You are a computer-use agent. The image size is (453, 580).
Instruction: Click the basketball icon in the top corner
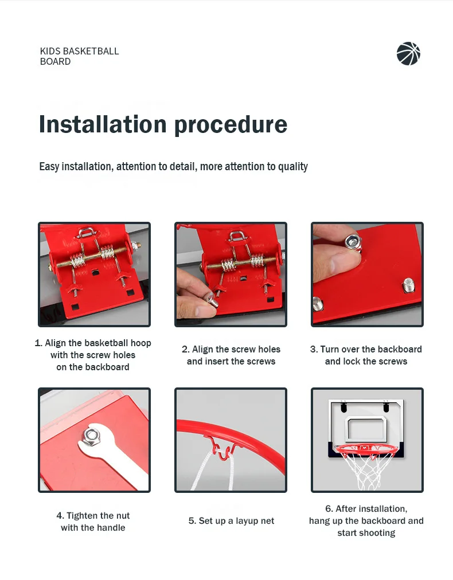click(x=408, y=54)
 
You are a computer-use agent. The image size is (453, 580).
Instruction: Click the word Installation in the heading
click(x=103, y=124)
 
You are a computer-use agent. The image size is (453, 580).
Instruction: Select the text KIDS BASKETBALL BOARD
click(x=79, y=56)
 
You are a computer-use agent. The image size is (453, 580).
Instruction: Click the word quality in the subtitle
click(x=293, y=167)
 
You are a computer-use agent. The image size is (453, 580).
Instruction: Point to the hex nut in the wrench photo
click(x=91, y=436)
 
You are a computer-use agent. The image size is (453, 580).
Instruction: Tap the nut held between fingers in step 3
click(x=353, y=242)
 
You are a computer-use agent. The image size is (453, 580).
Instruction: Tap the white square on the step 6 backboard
click(x=366, y=429)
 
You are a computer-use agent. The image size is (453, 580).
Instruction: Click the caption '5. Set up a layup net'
click(x=231, y=521)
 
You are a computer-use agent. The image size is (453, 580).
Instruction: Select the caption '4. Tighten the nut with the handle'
click(x=93, y=522)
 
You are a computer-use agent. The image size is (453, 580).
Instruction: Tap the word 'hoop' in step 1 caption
click(x=140, y=343)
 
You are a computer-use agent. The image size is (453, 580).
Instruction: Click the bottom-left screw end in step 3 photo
click(x=318, y=304)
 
